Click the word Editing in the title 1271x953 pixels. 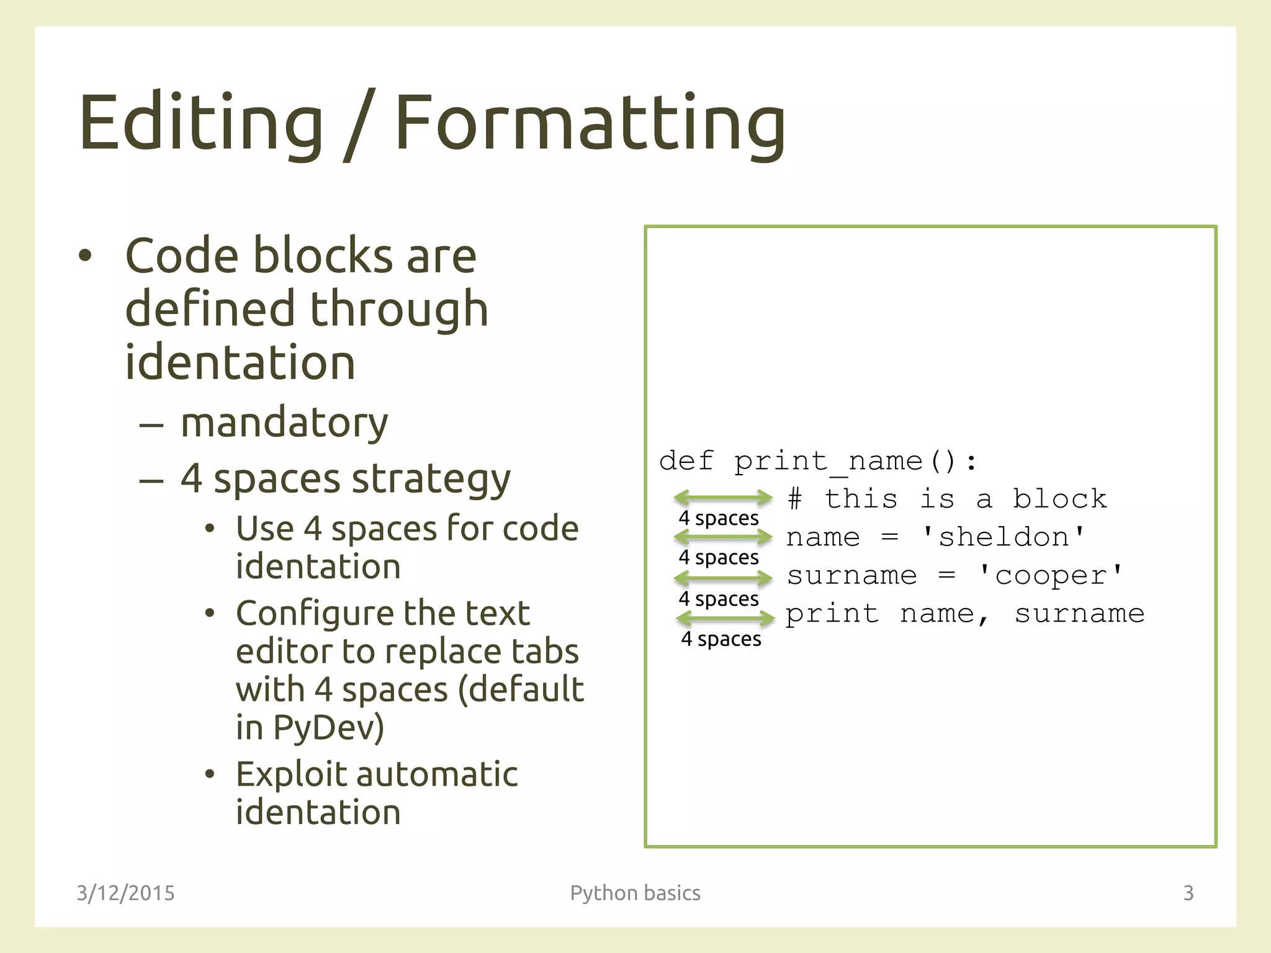pyautogui.click(x=200, y=122)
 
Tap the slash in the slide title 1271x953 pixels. pyautogui.click(x=359, y=123)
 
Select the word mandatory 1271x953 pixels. pyautogui.click(x=284, y=423)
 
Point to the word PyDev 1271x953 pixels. pyautogui.click(x=328, y=727)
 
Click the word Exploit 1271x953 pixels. pyautogui.click(x=292, y=775)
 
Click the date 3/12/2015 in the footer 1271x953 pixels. pyautogui.click(x=125, y=893)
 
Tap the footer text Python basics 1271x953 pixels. pyautogui.click(x=635, y=893)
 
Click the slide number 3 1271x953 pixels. pyautogui.click(x=1188, y=893)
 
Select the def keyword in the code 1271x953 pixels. pyautogui.click(x=686, y=462)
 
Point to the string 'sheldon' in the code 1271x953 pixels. pyautogui.click(x=1004, y=537)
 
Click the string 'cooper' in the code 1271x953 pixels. pyautogui.click(x=1050, y=576)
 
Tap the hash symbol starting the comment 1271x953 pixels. pyautogui.click(x=795, y=499)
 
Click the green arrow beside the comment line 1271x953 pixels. pyautogui.click(x=723, y=498)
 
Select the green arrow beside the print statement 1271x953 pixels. pyautogui.click(x=725, y=618)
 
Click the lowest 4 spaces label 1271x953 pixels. pyautogui.click(x=721, y=639)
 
